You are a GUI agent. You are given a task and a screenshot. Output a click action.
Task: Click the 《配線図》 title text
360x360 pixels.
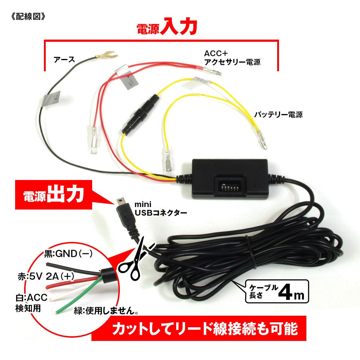pos(28,17)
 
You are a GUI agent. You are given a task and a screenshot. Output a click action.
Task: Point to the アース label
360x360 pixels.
pos(64,59)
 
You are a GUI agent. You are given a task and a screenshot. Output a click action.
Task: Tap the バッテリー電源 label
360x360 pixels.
pos(278,115)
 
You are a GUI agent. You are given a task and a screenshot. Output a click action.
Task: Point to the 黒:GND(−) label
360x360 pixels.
pos(68,254)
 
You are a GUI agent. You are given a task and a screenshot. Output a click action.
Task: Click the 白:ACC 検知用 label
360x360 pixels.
pos(29,303)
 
